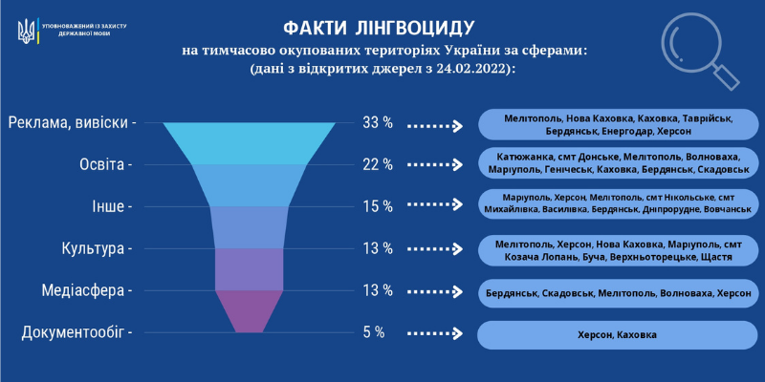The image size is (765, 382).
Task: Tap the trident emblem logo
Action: point(27,32)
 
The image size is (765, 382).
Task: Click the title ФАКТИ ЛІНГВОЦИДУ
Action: point(378,29)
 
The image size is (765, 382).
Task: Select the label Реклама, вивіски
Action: point(72,123)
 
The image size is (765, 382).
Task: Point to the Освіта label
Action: point(106,164)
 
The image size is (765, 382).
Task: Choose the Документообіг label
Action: point(76,333)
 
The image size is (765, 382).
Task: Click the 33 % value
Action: point(378,123)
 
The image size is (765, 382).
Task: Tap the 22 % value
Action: point(378,164)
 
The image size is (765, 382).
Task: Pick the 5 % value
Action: point(374,332)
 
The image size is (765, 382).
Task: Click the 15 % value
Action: point(378,206)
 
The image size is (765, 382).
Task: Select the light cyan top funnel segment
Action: point(249,143)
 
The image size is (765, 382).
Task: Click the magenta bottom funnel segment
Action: point(250,311)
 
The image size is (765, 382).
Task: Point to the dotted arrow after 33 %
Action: point(435,127)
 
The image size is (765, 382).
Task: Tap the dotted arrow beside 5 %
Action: point(435,333)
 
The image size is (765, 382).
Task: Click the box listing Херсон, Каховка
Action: point(617,335)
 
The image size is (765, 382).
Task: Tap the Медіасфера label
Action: point(87,291)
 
